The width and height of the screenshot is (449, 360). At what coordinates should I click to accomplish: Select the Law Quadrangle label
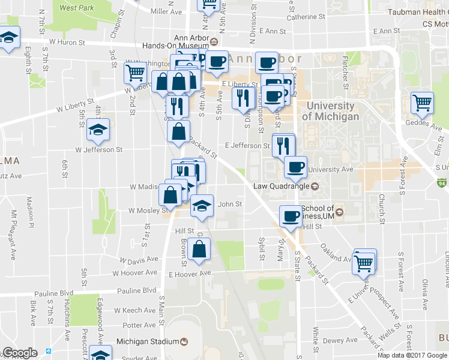tap(280, 186)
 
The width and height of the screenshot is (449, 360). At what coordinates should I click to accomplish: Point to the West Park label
tap(77, 8)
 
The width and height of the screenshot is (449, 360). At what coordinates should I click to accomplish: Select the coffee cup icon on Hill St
tap(291, 215)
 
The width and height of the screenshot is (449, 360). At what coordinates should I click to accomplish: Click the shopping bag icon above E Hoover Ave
tap(199, 248)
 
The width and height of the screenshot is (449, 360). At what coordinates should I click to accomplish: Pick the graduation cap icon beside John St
tap(202, 205)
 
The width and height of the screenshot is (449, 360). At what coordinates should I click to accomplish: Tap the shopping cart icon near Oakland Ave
tap(364, 262)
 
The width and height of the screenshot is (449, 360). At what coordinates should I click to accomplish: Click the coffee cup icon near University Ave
tap(295, 166)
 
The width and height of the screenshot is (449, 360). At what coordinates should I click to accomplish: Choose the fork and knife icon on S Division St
tap(243, 97)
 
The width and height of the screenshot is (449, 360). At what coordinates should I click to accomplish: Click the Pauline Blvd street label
tap(137, 291)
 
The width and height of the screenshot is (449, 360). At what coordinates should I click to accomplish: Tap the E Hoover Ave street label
tap(190, 273)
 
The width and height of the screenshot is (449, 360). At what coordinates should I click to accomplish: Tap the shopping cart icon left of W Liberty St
tap(135, 73)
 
